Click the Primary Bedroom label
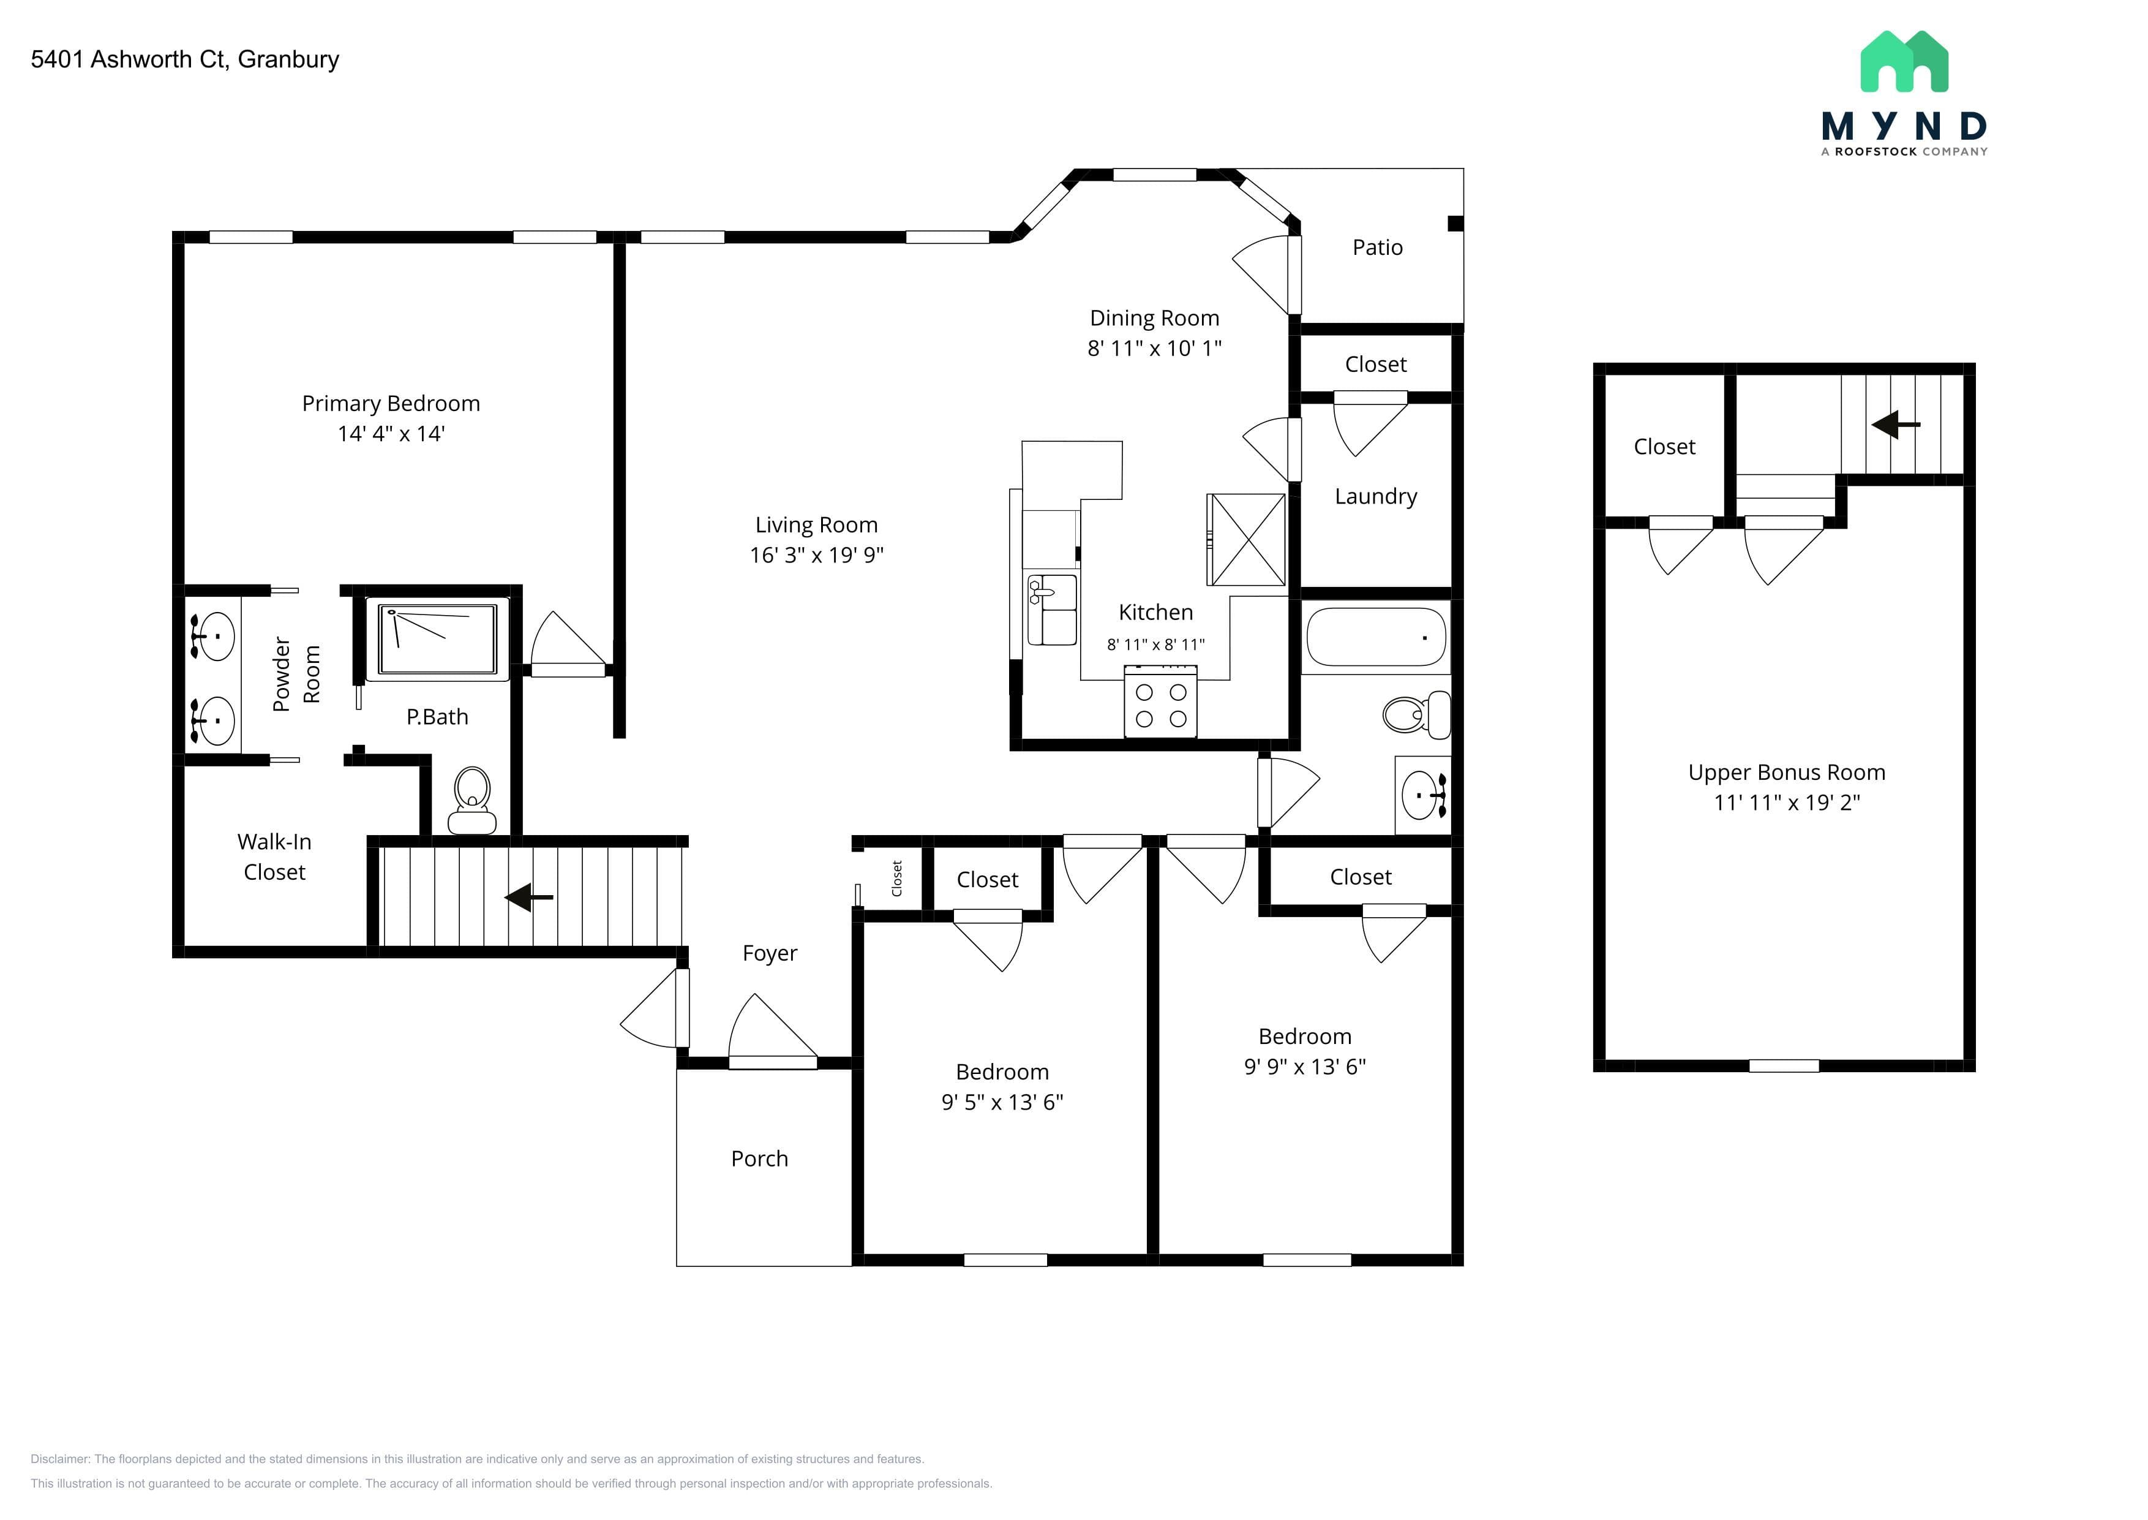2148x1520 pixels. (391, 403)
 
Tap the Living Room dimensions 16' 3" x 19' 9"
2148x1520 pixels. (817, 555)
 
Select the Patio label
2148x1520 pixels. (1377, 247)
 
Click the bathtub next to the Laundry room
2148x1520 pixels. (1375, 637)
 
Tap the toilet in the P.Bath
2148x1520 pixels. (473, 800)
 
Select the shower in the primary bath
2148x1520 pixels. (437, 639)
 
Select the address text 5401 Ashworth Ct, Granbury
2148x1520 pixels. (186, 59)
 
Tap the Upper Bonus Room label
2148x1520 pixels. (1786, 772)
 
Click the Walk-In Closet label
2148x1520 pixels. (274, 856)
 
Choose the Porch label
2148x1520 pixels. (760, 1159)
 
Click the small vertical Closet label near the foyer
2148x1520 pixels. (897, 879)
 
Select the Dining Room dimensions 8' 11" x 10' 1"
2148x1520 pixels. (1154, 348)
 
